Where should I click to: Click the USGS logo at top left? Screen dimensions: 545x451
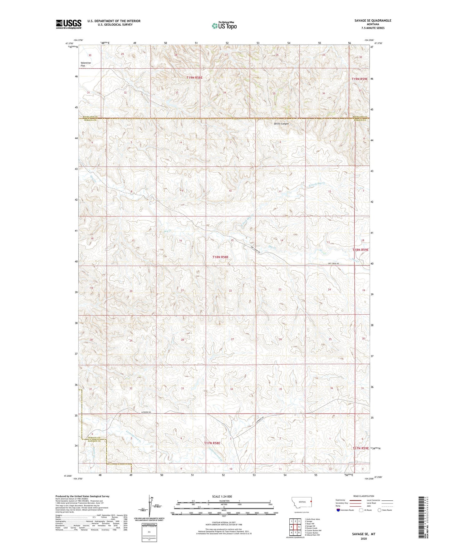[69, 24]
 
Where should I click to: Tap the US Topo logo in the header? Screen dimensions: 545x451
[224, 26]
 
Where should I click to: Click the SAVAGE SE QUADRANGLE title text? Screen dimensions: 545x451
[373, 21]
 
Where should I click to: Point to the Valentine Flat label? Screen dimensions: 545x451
[86, 64]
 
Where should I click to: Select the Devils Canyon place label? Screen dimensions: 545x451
[281, 124]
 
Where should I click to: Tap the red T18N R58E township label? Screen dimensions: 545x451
[220, 257]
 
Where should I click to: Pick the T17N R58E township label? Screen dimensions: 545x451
[212, 443]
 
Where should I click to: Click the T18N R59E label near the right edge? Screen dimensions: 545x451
[360, 250]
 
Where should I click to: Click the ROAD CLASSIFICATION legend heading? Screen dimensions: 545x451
[364, 496]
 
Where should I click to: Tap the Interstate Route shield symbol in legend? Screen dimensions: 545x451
[338, 510]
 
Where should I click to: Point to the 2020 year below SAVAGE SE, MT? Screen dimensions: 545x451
[364, 538]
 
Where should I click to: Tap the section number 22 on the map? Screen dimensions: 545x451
[230, 291]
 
